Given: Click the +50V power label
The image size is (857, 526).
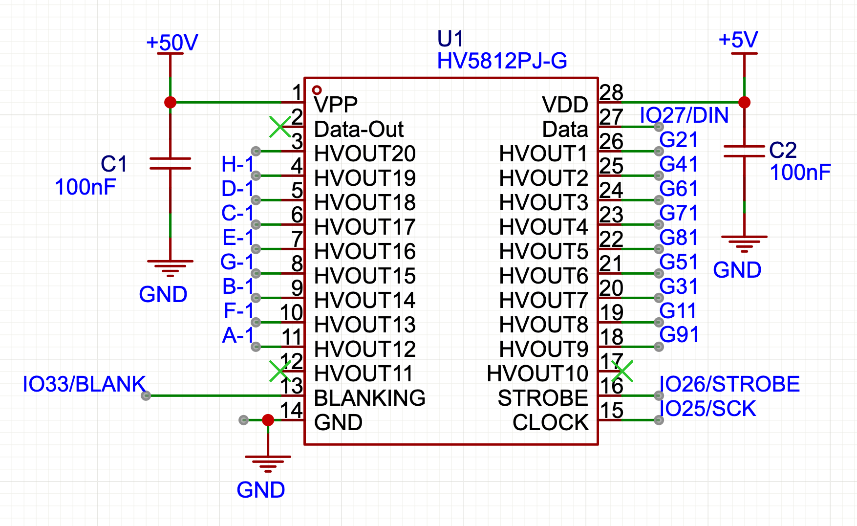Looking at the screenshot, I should [172, 43].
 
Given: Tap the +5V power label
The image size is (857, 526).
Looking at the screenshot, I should [738, 40].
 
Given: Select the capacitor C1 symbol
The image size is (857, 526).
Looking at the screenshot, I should [170, 163].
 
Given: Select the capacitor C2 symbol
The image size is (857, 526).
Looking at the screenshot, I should [744, 151].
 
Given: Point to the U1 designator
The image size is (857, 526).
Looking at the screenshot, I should [450, 39].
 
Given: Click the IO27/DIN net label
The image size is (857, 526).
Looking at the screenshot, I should [684, 116].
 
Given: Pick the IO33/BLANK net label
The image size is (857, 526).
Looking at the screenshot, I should [84, 384].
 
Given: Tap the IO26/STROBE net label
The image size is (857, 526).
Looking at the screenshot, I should [729, 384].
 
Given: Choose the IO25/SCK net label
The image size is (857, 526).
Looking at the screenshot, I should [707, 409].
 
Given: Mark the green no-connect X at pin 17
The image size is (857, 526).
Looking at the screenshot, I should [622, 371].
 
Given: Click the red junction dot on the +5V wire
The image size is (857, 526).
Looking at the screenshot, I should [744, 102].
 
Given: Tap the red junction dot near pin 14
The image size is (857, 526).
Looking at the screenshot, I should [268, 420].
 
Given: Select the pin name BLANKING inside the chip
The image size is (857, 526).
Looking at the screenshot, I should [369, 398].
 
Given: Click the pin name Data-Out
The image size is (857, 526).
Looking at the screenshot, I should [359, 130].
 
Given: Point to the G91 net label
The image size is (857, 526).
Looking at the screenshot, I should [678, 335].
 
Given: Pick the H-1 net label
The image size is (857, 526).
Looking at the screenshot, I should [237, 165].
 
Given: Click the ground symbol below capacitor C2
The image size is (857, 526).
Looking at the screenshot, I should [744, 242].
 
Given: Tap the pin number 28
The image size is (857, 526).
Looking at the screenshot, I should [611, 92].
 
